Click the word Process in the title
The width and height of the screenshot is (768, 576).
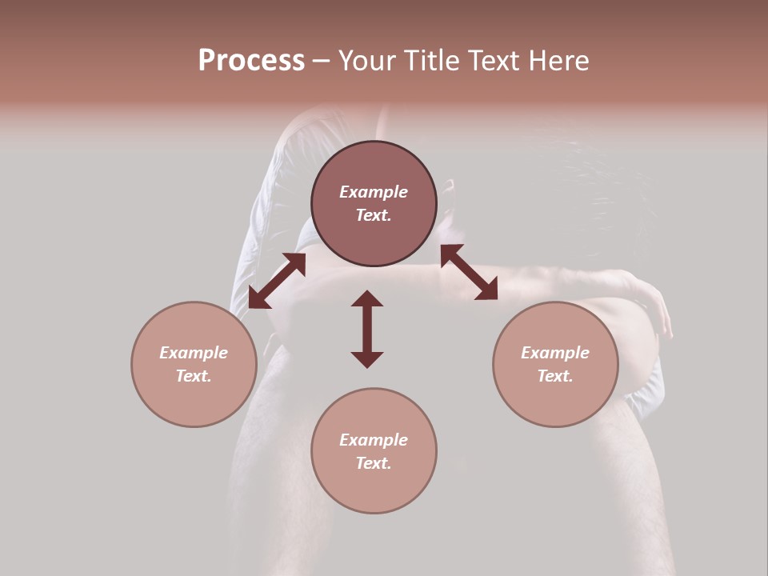[251, 61]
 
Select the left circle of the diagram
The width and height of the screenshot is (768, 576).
[194, 364]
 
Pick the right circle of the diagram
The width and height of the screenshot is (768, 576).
[555, 364]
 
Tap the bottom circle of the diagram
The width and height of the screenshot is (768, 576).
[374, 450]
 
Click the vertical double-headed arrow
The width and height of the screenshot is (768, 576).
[367, 329]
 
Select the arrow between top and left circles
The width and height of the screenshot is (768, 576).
[277, 281]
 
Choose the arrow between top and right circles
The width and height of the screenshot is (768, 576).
[469, 272]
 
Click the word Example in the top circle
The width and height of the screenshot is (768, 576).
[374, 192]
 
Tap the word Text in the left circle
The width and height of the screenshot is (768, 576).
[194, 376]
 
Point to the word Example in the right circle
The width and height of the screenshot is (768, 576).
[555, 353]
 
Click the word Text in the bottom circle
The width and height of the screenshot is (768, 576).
[374, 463]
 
